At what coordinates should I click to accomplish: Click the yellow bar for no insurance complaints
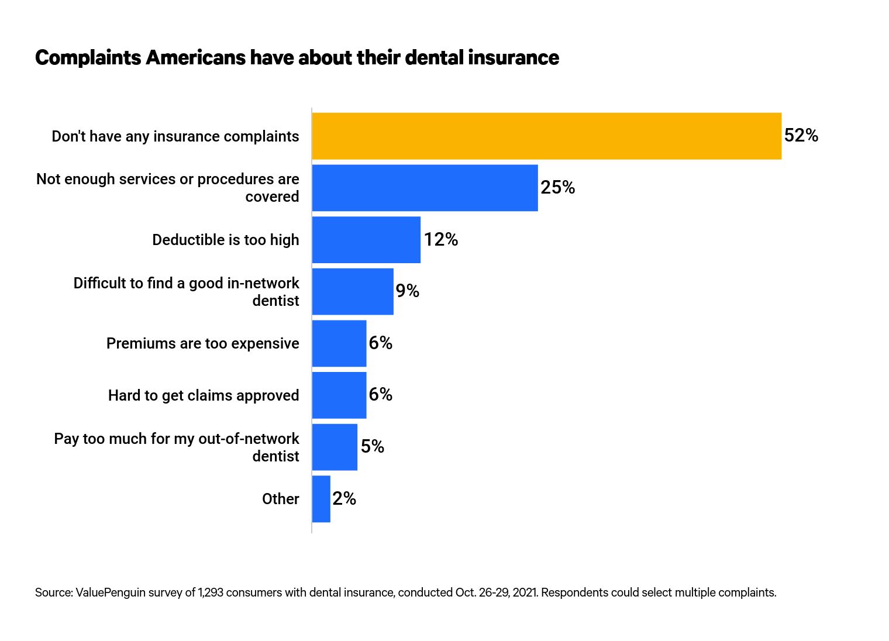(546, 136)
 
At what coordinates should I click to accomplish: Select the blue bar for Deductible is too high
(366, 240)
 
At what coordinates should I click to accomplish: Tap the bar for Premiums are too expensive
(339, 343)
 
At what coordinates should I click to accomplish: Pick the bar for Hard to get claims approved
(339, 395)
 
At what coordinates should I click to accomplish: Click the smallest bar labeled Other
(321, 499)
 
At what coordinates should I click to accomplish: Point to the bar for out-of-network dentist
(335, 447)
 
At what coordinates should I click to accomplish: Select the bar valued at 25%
(425, 188)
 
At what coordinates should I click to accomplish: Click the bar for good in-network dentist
(353, 291)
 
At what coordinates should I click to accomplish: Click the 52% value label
(801, 136)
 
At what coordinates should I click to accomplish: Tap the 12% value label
(440, 240)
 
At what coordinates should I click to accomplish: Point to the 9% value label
(407, 291)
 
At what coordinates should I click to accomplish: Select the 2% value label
(344, 499)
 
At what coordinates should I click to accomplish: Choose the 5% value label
(372, 447)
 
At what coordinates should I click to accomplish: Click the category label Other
(280, 499)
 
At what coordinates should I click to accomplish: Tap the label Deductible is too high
(225, 240)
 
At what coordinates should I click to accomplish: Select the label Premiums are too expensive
(202, 343)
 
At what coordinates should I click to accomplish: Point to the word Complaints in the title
(88, 58)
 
